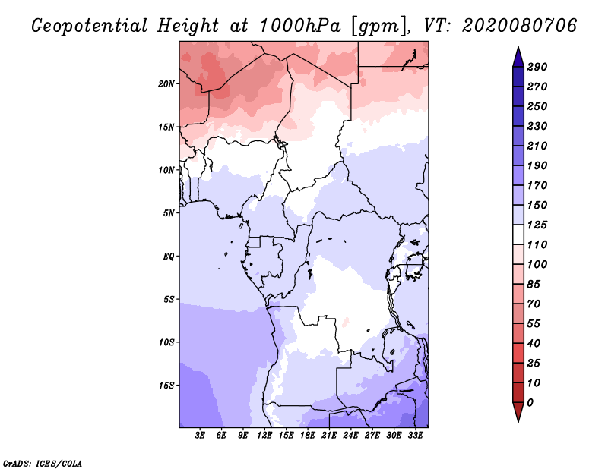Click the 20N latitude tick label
pos(166,84)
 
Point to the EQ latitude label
pos(169,257)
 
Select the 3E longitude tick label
pos(200,436)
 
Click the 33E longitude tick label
pos(415,436)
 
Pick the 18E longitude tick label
pos(308,436)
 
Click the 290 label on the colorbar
pos(537,67)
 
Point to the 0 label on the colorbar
pos(530,403)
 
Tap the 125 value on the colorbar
pos(537,225)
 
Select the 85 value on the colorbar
pos(534,285)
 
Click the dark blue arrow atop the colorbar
pos(518,58)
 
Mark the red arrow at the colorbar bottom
pos(518,411)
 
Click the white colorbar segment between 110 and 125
pos(518,234)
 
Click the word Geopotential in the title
pos(90,27)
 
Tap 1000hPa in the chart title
pos(300,26)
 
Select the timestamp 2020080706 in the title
pos(520,26)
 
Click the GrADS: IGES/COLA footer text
pos(43,464)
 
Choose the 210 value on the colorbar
pos(537,146)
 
